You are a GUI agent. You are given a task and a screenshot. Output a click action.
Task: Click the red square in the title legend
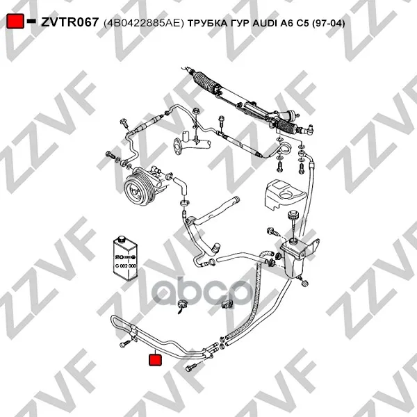click(15, 21)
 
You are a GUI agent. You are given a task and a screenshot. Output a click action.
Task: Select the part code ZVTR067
click(70, 22)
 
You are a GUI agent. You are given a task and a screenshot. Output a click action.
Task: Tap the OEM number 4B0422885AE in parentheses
click(144, 24)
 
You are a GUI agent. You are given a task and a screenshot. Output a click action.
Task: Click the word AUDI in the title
click(265, 24)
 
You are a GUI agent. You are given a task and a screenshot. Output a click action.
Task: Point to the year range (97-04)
click(329, 24)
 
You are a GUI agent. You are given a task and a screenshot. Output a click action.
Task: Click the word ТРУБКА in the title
click(205, 24)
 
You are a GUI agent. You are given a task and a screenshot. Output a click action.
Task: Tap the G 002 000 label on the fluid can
click(126, 265)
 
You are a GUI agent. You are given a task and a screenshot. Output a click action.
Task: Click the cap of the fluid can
click(122, 238)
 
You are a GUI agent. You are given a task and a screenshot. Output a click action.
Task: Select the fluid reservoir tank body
click(293, 259)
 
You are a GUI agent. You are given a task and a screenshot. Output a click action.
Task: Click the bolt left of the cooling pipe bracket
click(124, 344)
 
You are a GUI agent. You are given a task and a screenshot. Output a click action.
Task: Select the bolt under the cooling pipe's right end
click(190, 368)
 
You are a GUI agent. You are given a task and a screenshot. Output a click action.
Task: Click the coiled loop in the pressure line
click(285, 149)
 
